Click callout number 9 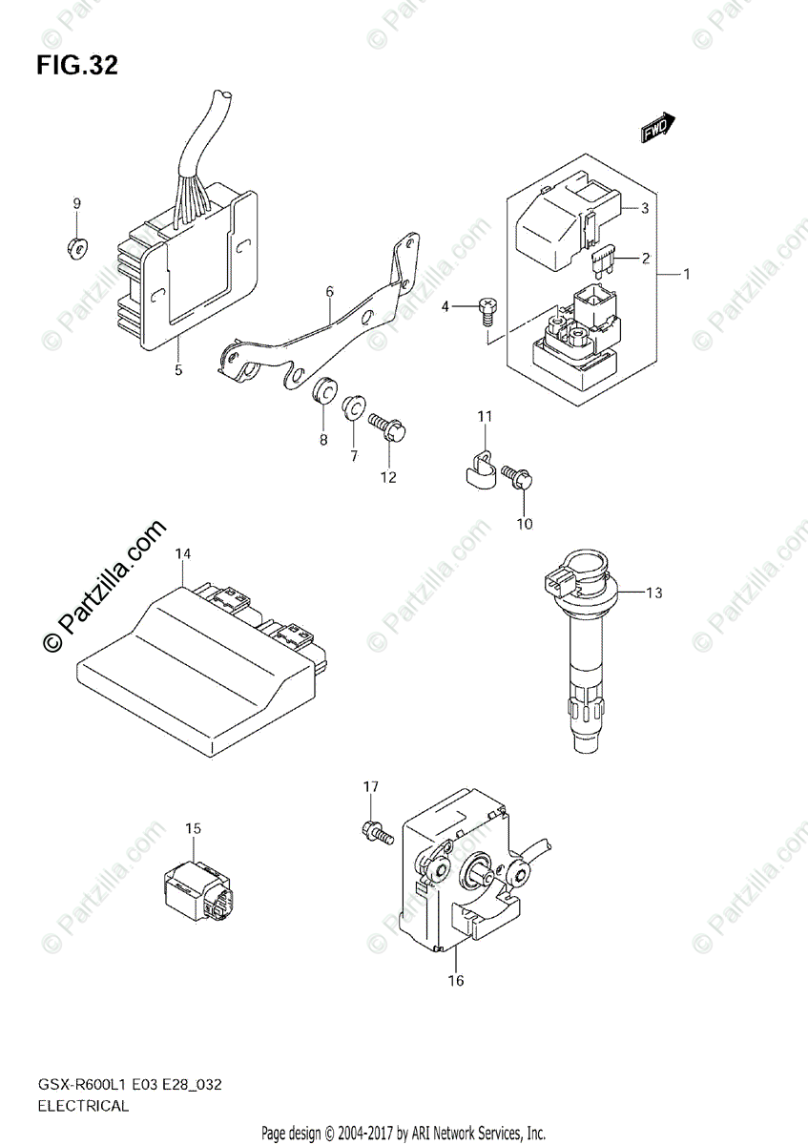coord(77,203)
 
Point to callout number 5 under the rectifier coord(178,369)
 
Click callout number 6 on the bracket coord(329,292)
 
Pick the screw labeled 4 coord(487,307)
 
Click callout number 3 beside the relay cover coord(644,208)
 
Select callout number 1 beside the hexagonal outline coord(686,274)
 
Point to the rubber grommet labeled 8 coord(322,391)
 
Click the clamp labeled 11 coord(478,465)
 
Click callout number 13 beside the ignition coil coord(653,593)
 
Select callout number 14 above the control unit coord(183,553)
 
